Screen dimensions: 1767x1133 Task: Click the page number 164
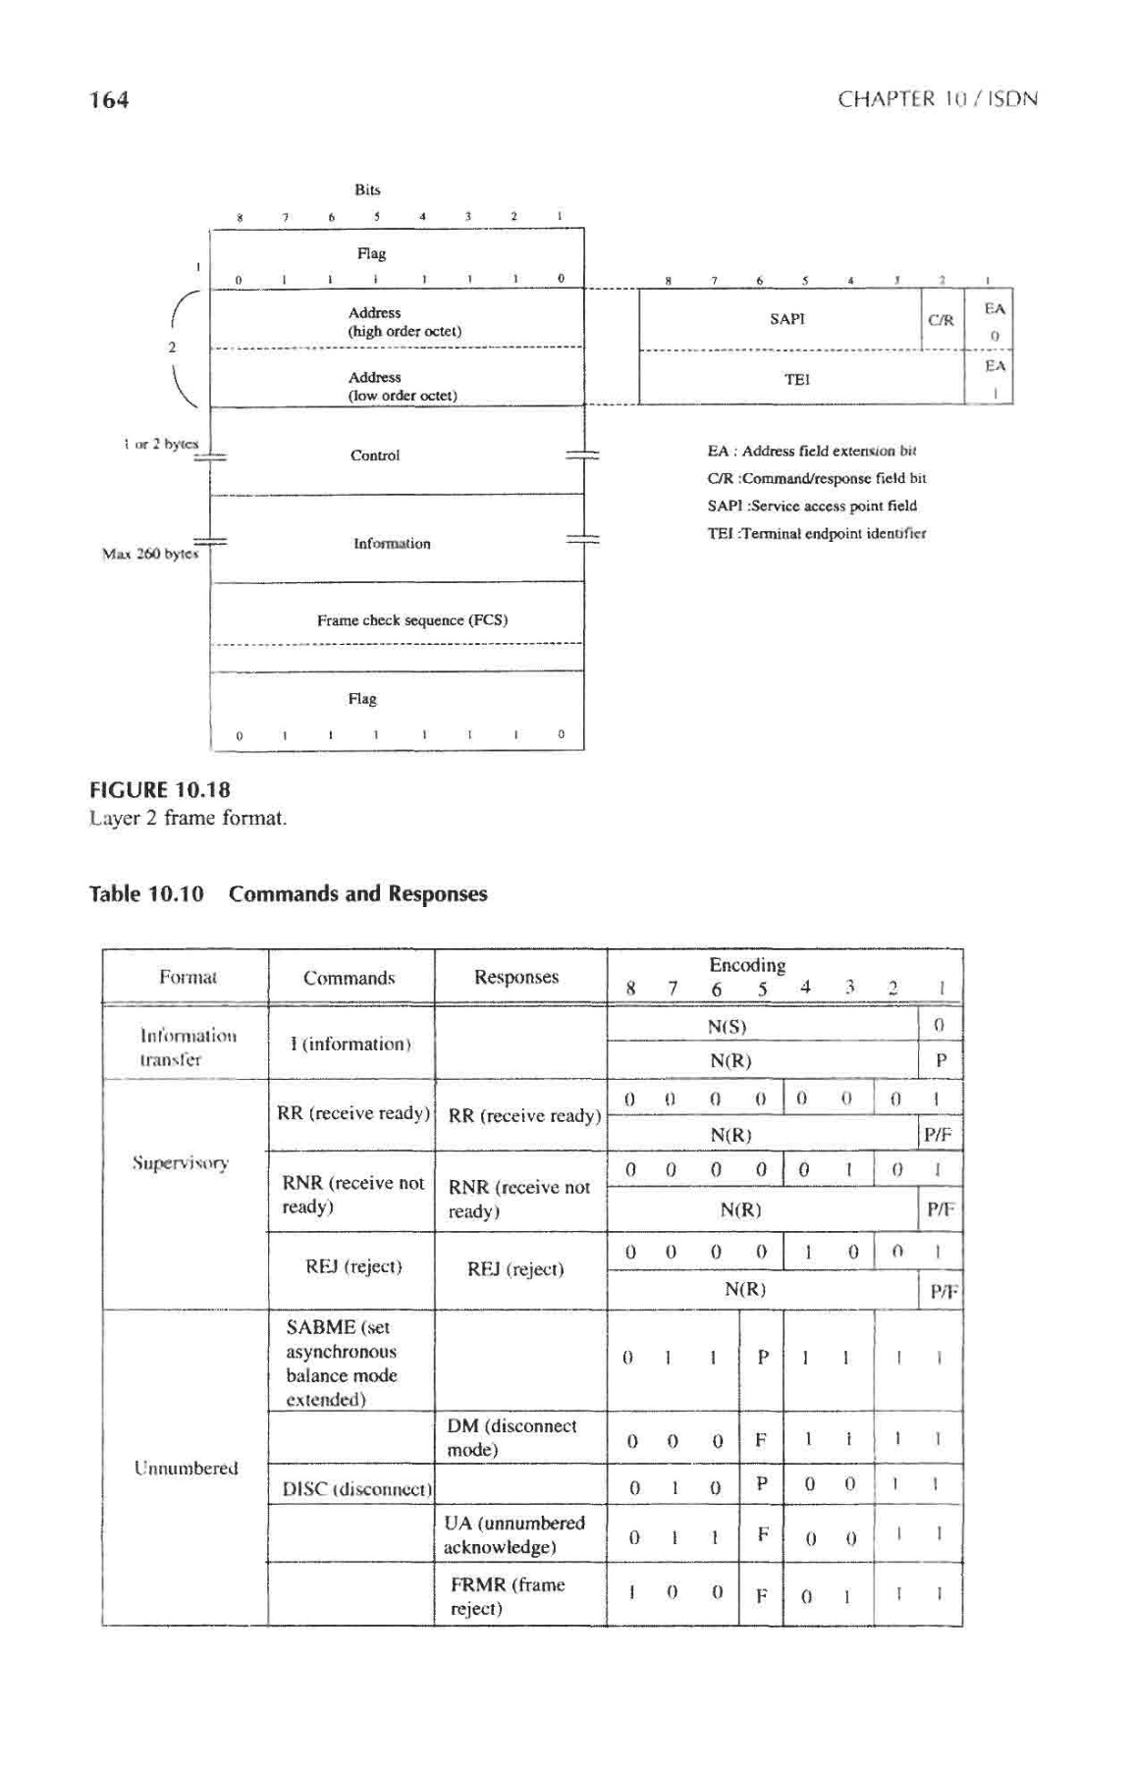pyautogui.click(x=109, y=99)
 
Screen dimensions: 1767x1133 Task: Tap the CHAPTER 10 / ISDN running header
pyautogui.click(x=937, y=99)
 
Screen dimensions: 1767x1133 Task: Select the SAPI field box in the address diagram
pyautogui.click(x=786, y=319)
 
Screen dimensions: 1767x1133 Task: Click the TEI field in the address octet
pyautogui.click(x=796, y=379)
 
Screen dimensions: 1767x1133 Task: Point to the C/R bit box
pyautogui.click(x=941, y=320)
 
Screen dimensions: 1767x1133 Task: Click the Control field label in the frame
pyautogui.click(x=375, y=455)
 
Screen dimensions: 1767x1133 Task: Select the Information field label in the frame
pyautogui.click(x=392, y=543)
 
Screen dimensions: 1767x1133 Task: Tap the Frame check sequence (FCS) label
pyautogui.click(x=411, y=620)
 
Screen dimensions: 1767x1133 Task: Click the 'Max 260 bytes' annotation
pyautogui.click(x=150, y=554)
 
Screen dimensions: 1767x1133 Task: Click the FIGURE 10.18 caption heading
pyautogui.click(x=160, y=790)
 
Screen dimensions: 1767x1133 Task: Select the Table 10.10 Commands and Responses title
pyautogui.click(x=288, y=893)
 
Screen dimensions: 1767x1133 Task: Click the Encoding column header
pyautogui.click(x=747, y=965)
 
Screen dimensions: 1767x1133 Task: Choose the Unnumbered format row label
pyautogui.click(x=186, y=1468)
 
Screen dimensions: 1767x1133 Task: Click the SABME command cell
pyautogui.click(x=342, y=1363)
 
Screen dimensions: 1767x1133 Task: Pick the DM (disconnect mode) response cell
pyautogui.click(x=512, y=1437)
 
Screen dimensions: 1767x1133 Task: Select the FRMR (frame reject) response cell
pyautogui.click(x=507, y=1596)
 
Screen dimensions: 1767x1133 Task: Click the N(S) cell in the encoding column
pyautogui.click(x=728, y=1027)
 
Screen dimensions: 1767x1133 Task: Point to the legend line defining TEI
pyautogui.click(x=817, y=533)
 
